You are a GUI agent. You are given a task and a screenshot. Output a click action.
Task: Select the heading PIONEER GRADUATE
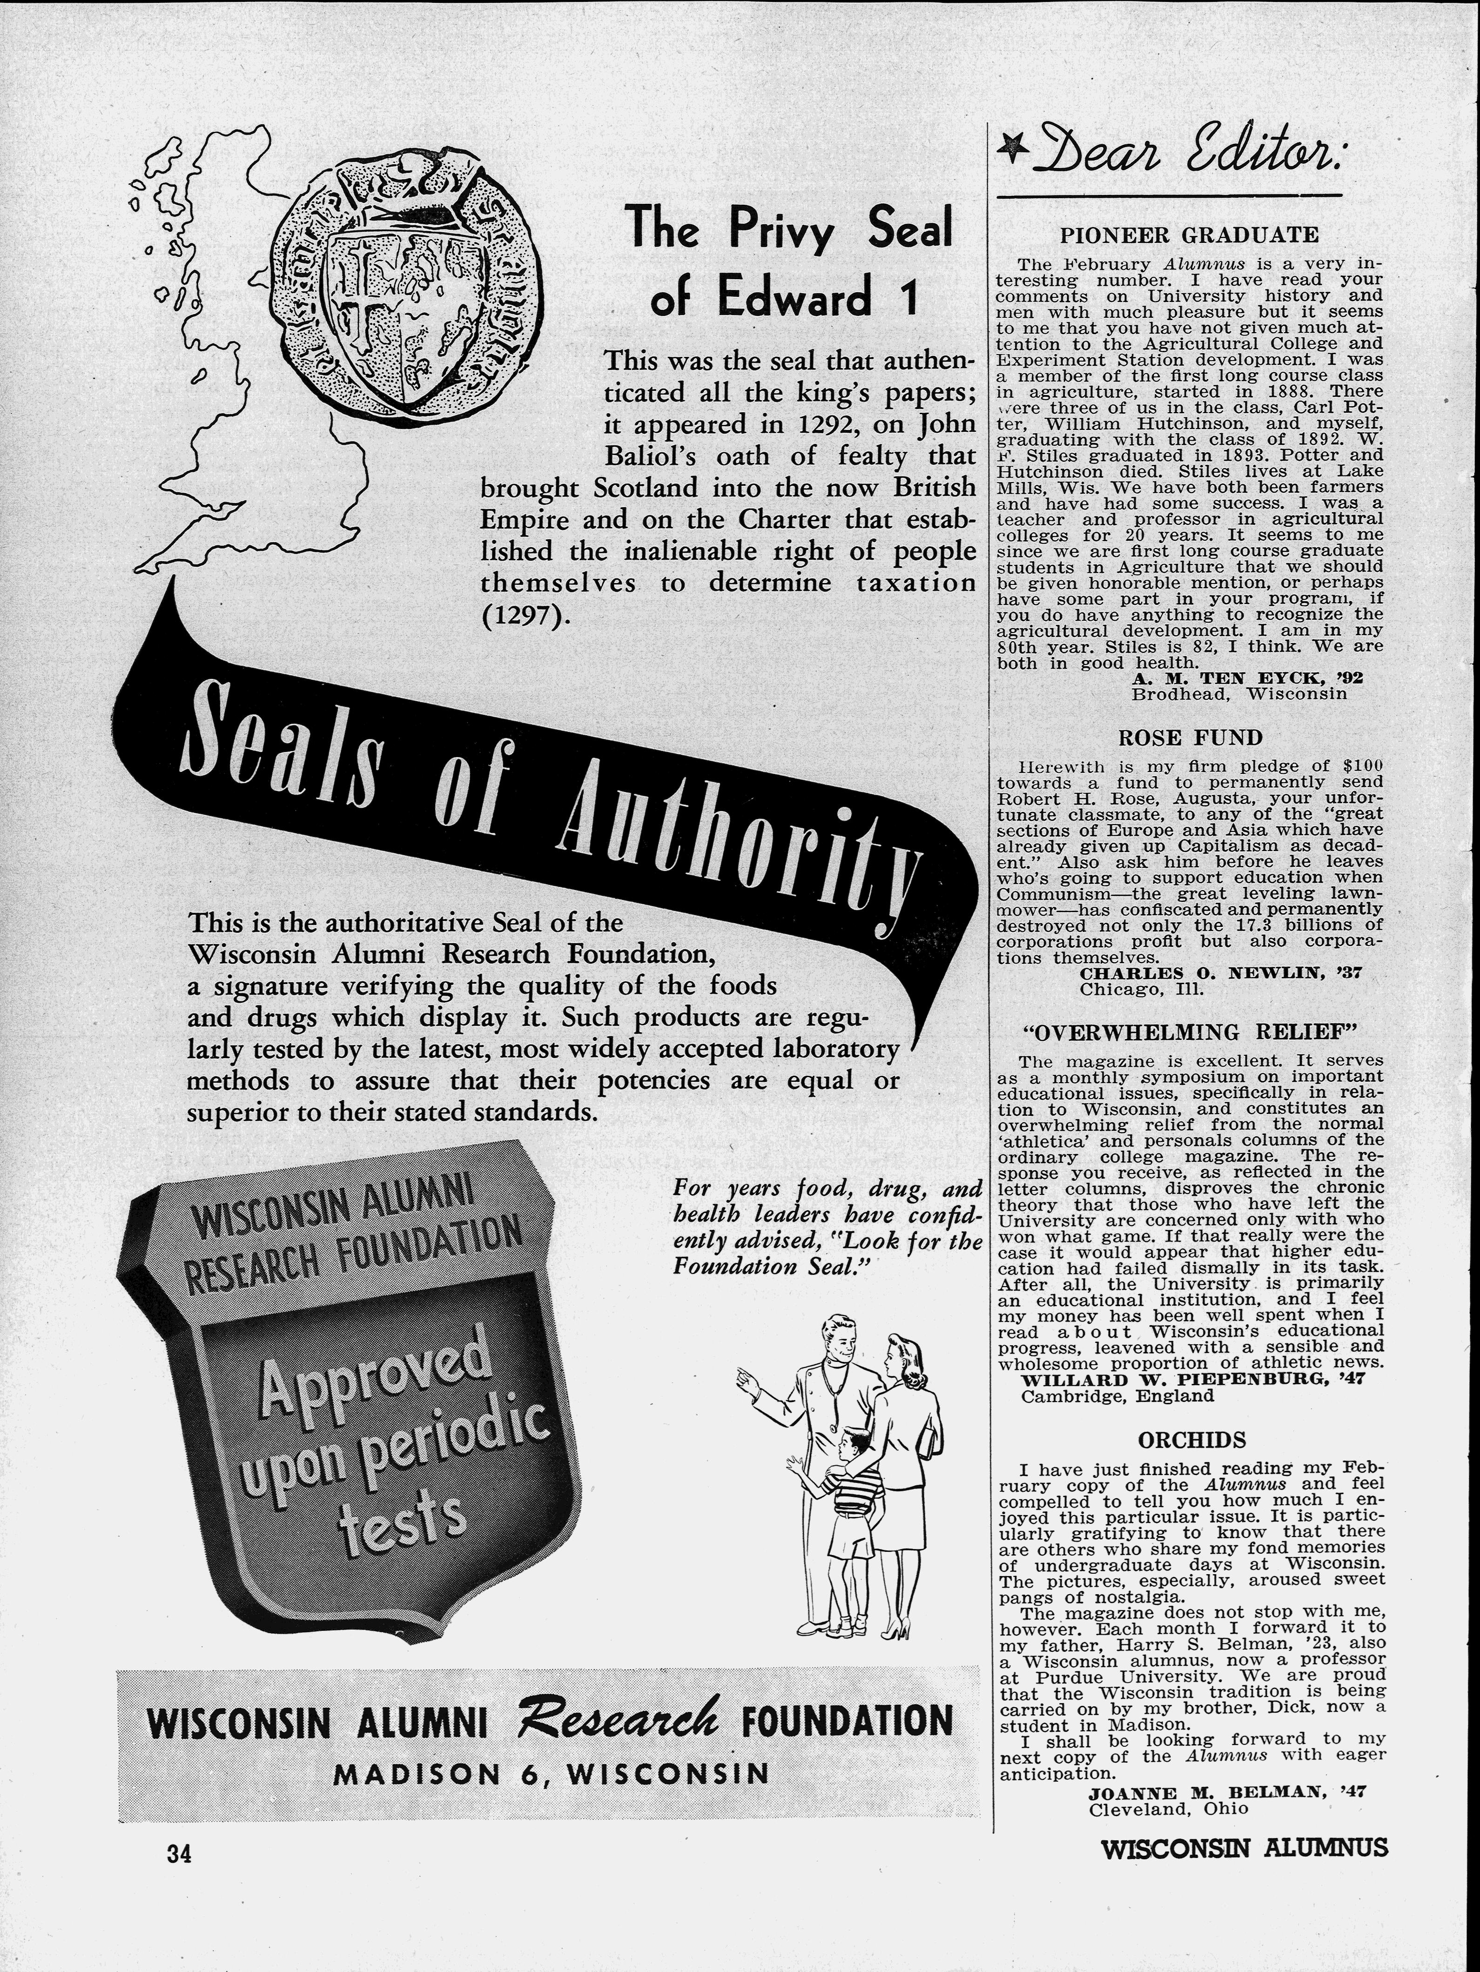click(1189, 235)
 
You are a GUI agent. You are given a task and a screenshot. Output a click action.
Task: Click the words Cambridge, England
click(1117, 1396)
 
